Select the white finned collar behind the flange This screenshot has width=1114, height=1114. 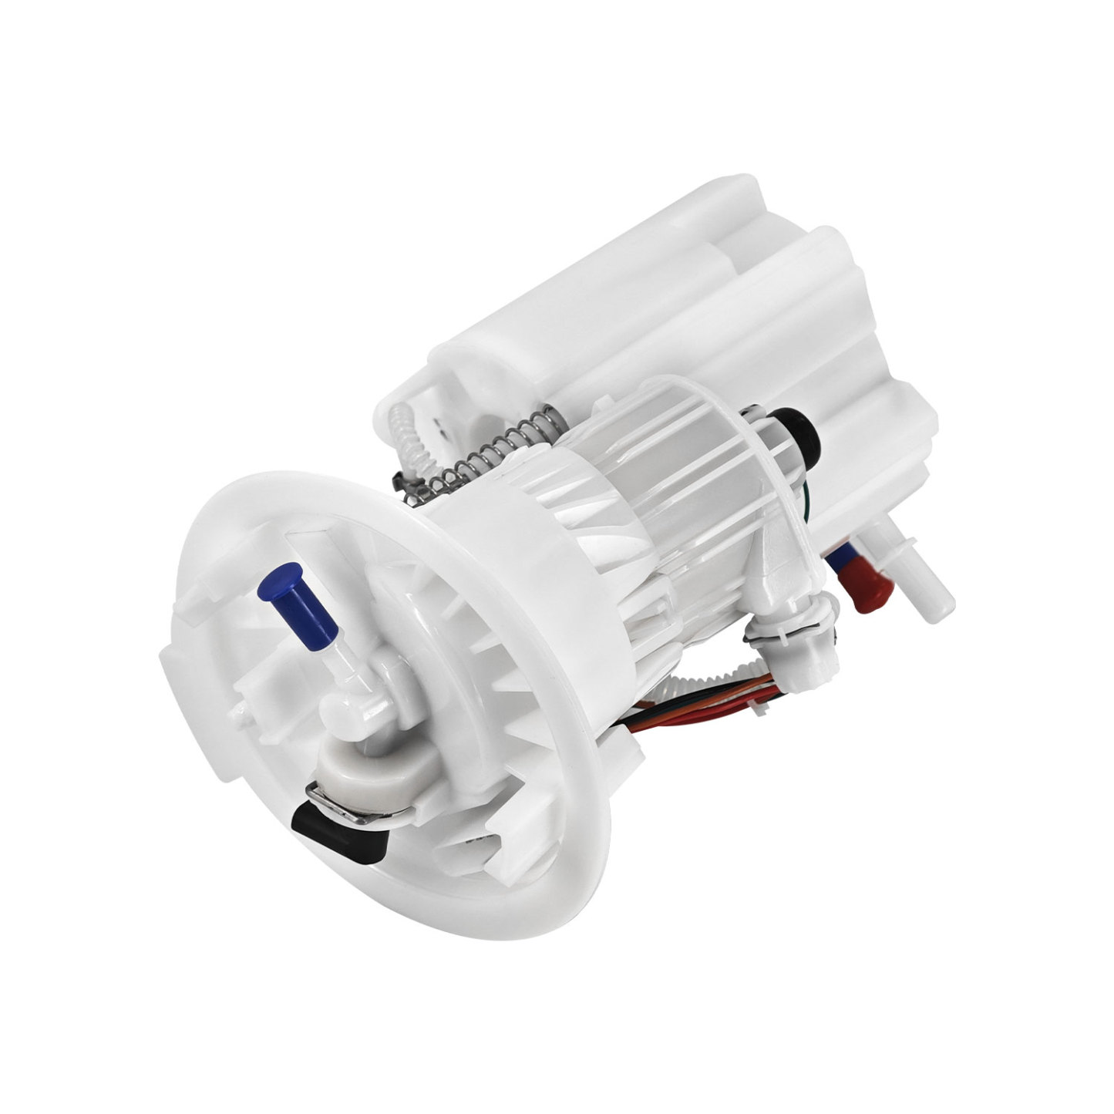tap(540, 555)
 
